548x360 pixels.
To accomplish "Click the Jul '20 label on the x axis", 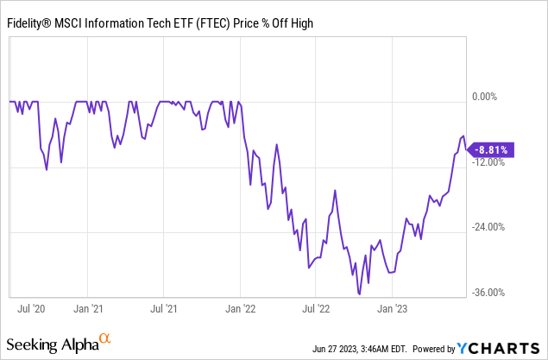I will [x=31, y=307].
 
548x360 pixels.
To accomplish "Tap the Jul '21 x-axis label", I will [x=166, y=307].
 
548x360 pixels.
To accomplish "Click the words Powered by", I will [x=431, y=348].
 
